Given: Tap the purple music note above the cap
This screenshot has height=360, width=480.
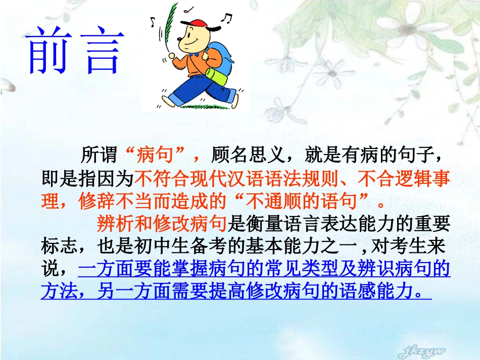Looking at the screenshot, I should pyautogui.click(x=189, y=9).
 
